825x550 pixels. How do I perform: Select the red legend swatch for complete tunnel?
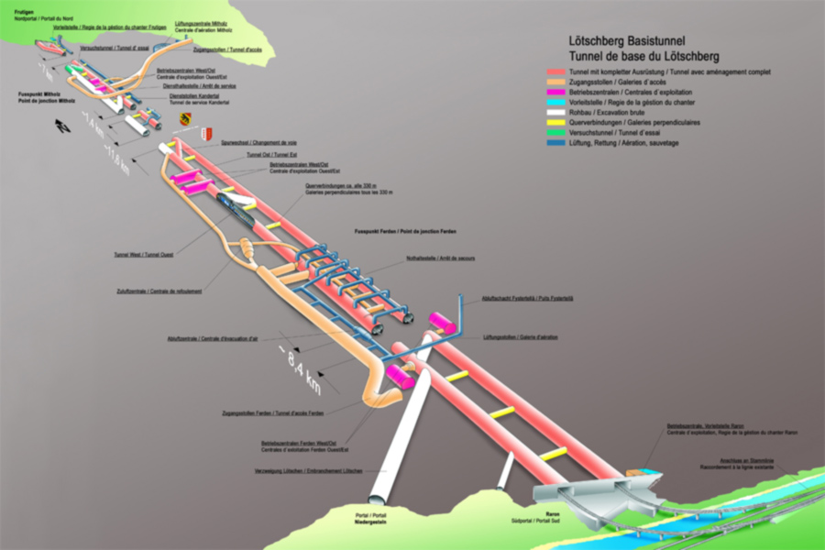click(x=555, y=71)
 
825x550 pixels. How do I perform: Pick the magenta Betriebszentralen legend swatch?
click(x=555, y=93)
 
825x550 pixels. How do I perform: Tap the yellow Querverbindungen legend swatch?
click(x=555, y=123)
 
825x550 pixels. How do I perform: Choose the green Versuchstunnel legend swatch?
click(x=555, y=133)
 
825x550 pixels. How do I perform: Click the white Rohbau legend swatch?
click(x=555, y=113)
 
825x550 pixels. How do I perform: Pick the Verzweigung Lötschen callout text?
click(x=308, y=470)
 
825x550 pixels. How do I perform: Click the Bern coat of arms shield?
click(x=185, y=119)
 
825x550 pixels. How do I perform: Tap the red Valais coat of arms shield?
click(x=207, y=135)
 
